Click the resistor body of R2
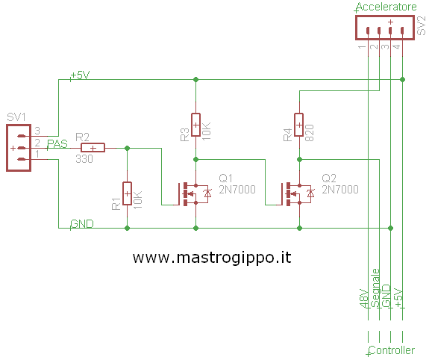tap(93, 148)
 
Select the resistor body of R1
tap(127, 193)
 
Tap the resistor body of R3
tap(195, 125)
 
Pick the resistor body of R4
tap(299, 125)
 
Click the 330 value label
tap(84, 159)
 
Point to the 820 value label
tap(310, 133)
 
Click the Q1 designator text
tap(226, 179)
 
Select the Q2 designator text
tap(329, 179)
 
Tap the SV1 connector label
tap(16, 117)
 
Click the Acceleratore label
tap(386, 7)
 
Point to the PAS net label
tap(57, 144)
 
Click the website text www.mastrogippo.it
tap(212, 258)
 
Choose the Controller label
tap(391, 350)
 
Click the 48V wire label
tap(364, 298)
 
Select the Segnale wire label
tap(375, 288)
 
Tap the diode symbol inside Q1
tap(207, 193)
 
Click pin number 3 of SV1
tap(37, 131)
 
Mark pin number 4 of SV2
tap(396, 46)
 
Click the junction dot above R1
tap(127, 148)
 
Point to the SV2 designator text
tap(422, 25)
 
